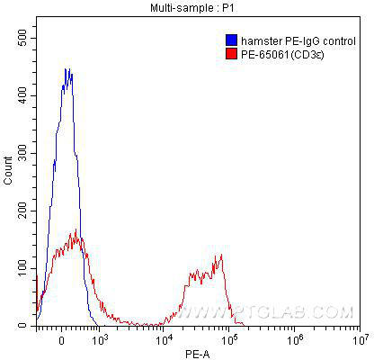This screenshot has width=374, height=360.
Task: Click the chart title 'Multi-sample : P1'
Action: (191, 8)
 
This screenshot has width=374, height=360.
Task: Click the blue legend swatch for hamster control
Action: (231, 40)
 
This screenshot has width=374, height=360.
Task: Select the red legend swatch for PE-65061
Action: (231, 54)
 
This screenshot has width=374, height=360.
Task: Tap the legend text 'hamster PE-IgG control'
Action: (298, 41)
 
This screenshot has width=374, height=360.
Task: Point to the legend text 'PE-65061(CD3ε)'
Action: (282, 55)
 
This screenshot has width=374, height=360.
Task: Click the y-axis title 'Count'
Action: (8, 171)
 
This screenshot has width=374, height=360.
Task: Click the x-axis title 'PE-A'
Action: (198, 355)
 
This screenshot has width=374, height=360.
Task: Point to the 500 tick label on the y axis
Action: (22, 38)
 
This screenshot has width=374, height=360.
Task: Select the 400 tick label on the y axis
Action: (22, 95)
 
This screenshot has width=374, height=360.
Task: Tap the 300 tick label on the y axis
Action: (22, 153)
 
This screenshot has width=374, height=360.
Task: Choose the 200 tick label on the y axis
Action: (22, 211)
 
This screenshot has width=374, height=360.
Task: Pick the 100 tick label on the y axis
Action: (22, 268)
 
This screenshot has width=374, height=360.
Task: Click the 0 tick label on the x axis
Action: (61, 341)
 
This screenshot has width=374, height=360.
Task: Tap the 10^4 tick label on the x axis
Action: (163, 339)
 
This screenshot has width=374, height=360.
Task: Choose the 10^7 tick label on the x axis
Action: (360, 339)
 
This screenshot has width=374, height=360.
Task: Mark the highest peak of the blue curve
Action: (66, 68)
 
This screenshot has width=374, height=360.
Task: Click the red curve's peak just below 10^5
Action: (221, 255)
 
